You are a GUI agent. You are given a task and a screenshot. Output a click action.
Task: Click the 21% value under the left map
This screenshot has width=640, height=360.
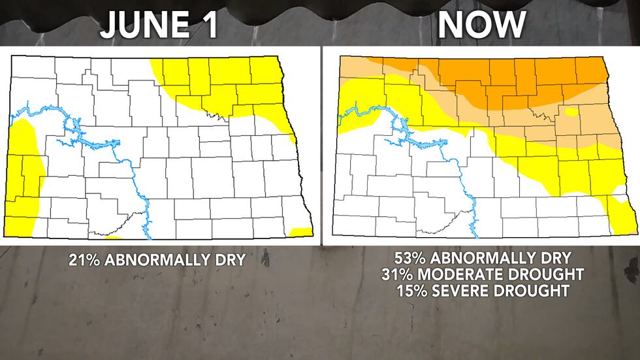pos(84,260)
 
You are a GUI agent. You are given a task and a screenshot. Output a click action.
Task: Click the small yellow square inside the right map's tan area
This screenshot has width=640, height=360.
pos(573,112)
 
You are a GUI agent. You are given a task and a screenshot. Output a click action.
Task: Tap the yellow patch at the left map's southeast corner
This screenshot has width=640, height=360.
pos(301,232)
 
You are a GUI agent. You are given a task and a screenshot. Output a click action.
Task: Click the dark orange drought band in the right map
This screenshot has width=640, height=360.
pos(496,82)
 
